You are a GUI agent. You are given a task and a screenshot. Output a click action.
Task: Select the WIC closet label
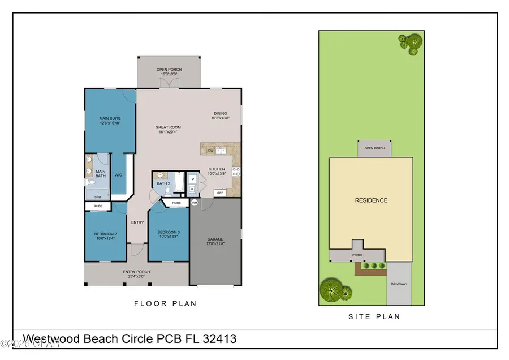118,175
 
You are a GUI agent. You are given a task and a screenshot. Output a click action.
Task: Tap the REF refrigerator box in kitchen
220,193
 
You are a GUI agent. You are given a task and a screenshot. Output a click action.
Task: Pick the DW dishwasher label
210,151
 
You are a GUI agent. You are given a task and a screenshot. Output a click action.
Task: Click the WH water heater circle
194,202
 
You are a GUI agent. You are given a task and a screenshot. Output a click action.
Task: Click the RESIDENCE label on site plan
371,200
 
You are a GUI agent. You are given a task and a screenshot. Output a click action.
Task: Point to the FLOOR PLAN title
165,304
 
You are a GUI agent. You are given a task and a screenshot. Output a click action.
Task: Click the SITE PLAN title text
374,317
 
